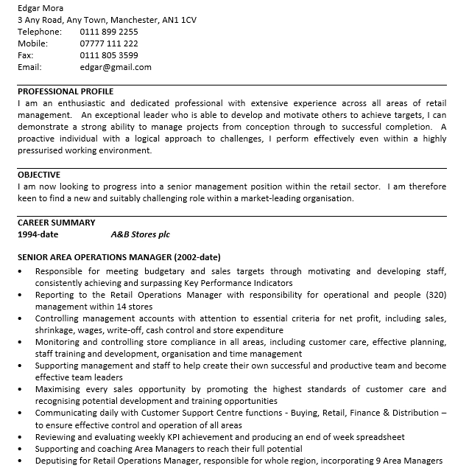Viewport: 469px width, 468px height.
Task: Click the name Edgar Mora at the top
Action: (x=40, y=8)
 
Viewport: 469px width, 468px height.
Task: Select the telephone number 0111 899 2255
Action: (x=108, y=32)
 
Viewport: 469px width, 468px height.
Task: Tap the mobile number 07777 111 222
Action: (x=108, y=43)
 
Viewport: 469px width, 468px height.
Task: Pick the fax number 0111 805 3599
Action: (x=108, y=55)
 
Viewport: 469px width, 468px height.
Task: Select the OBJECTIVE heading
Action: (x=39, y=175)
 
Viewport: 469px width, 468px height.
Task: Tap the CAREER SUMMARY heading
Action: (x=56, y=223)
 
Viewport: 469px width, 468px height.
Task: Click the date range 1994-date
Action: (x=38, y=234)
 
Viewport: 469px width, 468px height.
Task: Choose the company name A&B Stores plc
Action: (x=140, y=234)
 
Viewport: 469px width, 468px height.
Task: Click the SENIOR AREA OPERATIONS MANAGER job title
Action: (x=119, y=258)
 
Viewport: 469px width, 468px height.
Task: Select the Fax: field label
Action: (x=26, y=55)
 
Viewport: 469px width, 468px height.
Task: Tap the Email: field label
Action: (x=29, y=67)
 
